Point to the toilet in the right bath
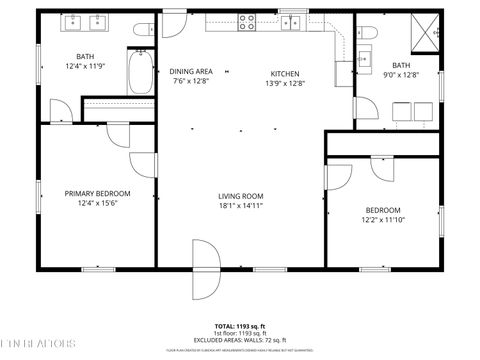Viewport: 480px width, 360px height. click(367, 34)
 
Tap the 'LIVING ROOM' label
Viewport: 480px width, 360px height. click(240, 196)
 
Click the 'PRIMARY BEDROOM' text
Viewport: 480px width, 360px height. click(97, 193)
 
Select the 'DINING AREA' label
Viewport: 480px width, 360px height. click(190, 72)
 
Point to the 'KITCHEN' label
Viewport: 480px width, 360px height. click(285, 72)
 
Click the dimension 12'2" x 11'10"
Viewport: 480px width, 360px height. click(382, 220)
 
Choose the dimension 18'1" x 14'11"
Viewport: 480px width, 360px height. click(240, 206)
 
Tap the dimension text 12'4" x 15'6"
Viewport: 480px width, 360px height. click(97, 203)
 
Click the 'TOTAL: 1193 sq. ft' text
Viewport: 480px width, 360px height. click(240, 326)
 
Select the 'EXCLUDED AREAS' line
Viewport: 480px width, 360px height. click(240, 340)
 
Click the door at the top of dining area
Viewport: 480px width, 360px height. click(175, 26)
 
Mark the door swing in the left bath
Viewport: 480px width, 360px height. click(62, 111)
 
